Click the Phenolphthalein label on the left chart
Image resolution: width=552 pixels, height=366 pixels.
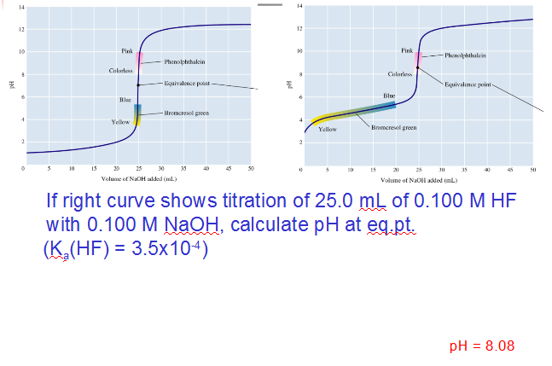[183, 61]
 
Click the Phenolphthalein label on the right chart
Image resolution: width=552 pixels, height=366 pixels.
[466, 55]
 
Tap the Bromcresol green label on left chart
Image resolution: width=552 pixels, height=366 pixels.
[183, 113]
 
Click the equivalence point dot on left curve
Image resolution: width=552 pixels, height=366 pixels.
[138, 85]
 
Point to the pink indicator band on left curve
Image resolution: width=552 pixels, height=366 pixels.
[138, 60]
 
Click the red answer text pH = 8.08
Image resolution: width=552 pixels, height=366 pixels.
[482, 345]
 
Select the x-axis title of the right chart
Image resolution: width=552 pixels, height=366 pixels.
[419, 181]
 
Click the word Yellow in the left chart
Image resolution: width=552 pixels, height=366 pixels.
[120, 123]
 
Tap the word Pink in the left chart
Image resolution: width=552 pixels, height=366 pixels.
[127, 51]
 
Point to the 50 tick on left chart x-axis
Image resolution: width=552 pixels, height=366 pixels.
[250, 168]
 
